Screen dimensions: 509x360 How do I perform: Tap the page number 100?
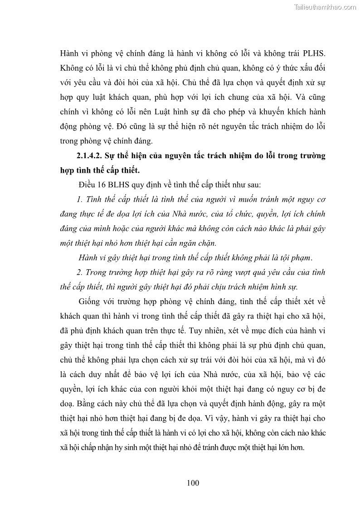coord(193,483)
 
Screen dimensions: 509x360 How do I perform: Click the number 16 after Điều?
coord(99,185)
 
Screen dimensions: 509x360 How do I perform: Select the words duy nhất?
coord(112,374)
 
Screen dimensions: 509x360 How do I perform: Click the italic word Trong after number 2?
coord(97,272)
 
